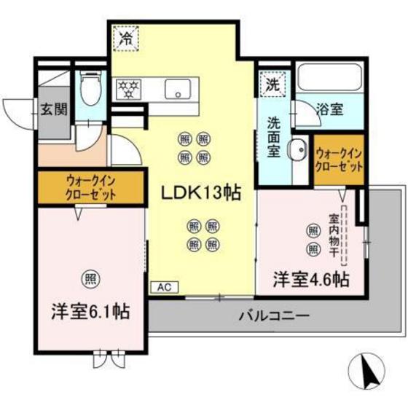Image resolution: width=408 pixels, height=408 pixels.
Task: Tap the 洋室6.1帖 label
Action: click(x=90, y=312)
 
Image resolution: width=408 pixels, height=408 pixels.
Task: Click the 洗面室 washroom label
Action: click(x=273, y=135)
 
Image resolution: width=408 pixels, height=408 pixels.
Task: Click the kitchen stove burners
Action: click(x=130, y=89)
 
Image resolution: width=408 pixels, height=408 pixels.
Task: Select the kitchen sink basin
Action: click(x=177, y=89)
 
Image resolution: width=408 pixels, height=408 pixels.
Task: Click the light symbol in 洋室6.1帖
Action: click(x=90, y=278)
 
